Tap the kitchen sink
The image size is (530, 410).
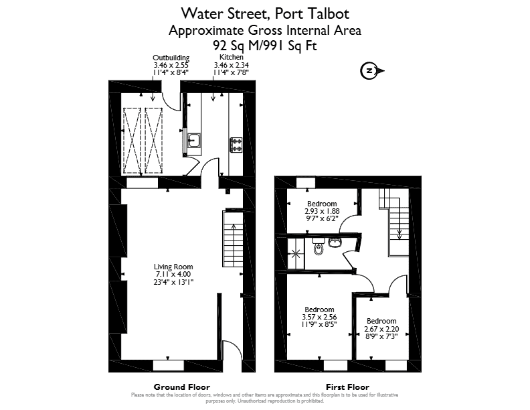(194, 141)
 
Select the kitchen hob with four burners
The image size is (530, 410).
(236, 145)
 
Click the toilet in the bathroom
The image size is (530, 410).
(318, 247)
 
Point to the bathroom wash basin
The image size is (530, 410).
(335, 243)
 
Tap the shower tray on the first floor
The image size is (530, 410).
(296, 253)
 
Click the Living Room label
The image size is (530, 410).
(173, 267)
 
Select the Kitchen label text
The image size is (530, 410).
(232, 57)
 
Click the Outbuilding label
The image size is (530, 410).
(171, 58)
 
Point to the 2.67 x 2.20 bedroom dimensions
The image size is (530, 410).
(381, 329)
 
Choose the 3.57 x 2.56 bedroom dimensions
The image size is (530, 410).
(319, 317)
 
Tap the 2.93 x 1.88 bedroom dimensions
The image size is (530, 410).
(322, 211)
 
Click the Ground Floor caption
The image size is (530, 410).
(182, 387)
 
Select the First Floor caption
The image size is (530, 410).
(347, 387)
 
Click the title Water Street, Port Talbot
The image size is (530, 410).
(265, 13)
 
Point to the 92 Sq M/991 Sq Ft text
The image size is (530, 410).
(265, 45)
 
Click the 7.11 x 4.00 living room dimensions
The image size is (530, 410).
(173, 275)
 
